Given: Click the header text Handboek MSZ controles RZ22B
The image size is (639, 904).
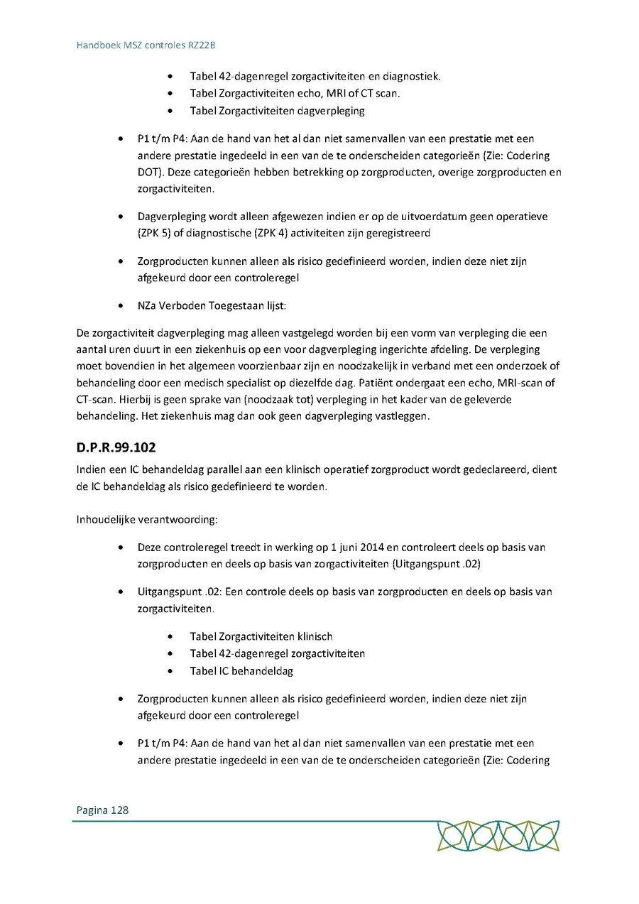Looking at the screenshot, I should tap(146, 45).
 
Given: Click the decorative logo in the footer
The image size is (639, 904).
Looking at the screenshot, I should tap(498, 835).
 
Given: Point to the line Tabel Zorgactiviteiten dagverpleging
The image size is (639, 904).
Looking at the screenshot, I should tap(277, 111).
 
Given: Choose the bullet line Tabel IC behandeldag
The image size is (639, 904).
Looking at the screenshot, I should tap(241, 670).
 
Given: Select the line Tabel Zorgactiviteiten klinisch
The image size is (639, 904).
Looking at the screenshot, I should tap(261, 636).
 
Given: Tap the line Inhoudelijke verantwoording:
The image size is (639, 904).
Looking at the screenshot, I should tap(146, 520).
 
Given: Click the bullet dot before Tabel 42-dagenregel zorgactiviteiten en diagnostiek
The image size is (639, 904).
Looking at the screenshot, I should tap(170, 77).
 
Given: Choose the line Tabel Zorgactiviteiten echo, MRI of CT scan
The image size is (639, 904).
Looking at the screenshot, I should tap(295, 94).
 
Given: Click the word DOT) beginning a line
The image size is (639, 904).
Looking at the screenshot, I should tap(151, 173).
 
